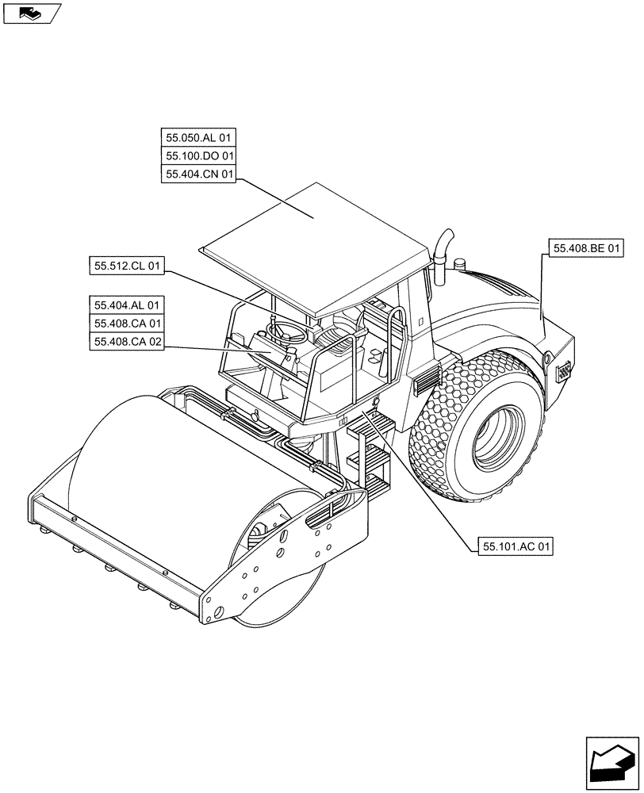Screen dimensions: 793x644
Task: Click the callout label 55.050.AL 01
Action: [200, 137]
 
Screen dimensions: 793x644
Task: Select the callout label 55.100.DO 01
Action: [200, 156]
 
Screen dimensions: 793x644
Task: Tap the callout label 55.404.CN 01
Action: [200, 175]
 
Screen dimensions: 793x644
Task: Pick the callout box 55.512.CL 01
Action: [127, 267]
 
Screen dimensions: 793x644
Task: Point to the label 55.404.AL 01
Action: [127, 305]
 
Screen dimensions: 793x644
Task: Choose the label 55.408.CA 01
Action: [127, 324]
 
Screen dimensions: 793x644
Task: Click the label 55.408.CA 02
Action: [127, 343]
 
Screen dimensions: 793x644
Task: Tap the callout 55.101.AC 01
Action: [516, 546]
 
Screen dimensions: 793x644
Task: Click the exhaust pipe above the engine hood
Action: [443, 247]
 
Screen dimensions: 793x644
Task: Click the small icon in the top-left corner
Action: [32, 13]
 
